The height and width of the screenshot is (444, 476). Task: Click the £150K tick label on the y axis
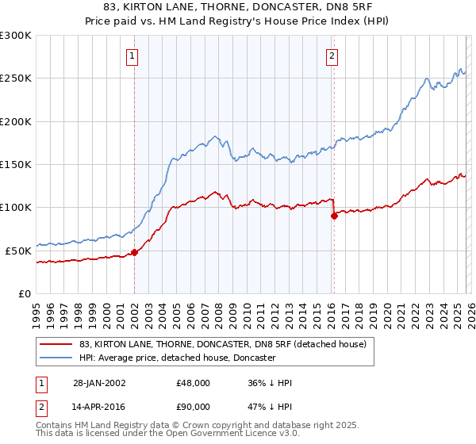[x=16, y=165]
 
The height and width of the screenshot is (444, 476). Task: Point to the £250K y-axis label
[x=16, y=78]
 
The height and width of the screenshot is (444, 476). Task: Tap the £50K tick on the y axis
[x=18, y=251]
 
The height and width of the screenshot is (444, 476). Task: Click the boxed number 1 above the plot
[x=132, y=55]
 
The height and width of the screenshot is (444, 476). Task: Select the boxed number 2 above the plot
[x=331, y=55]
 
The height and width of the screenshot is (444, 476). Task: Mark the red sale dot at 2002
[x=135, y=252]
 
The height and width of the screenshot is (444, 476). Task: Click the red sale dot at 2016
[x=334, y=216]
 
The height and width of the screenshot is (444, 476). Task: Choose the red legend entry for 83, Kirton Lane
[x=222, y=344]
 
